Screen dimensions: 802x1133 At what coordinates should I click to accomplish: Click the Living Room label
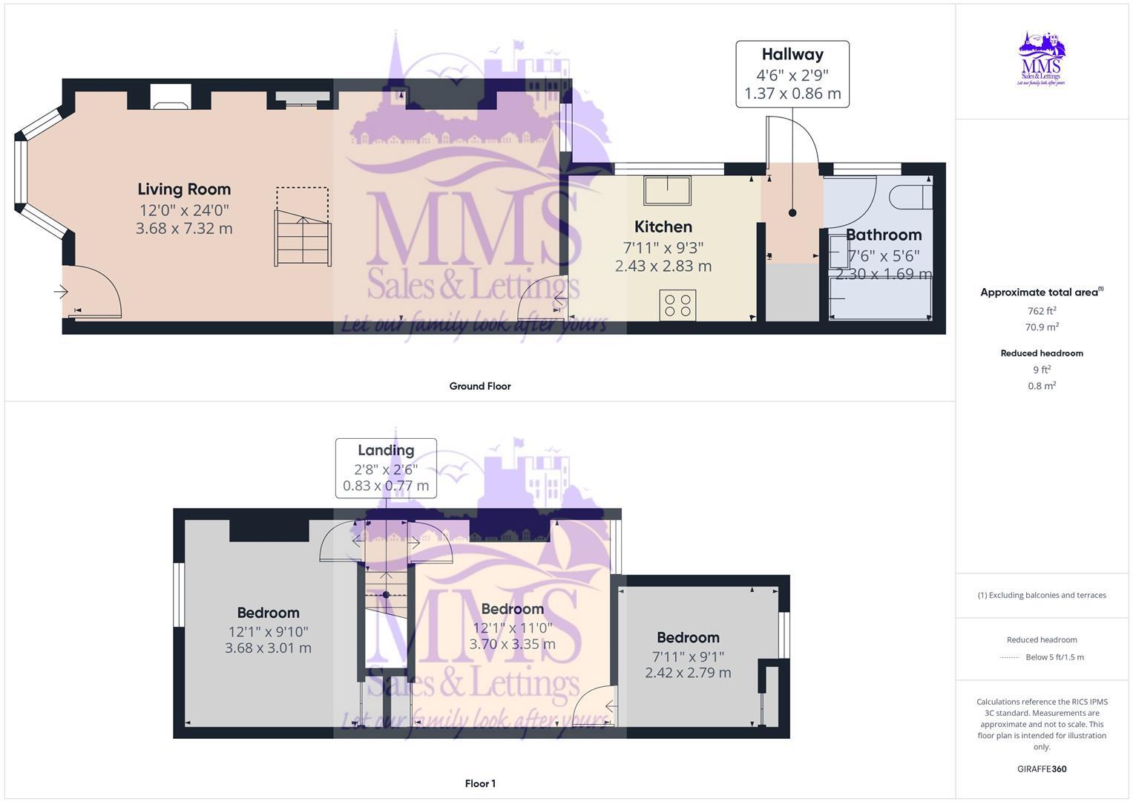(184, 189)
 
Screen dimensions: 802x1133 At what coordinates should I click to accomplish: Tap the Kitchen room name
(663, 226)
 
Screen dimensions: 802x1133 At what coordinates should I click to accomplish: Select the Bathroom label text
(883, 235)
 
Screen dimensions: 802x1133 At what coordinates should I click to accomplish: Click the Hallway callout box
(792, 74)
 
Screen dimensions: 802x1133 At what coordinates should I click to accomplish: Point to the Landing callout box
(386, 468)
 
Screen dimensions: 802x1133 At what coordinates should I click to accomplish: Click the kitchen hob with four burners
(677, 305)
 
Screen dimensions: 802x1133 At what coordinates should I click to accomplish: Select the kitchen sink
(666, 190)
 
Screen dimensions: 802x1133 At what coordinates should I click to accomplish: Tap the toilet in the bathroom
(910, 197)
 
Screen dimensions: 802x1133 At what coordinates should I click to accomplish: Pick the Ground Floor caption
(480, 386)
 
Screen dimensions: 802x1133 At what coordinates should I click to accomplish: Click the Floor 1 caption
(480, 783)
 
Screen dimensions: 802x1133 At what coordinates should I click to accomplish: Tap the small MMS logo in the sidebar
(1042, 59)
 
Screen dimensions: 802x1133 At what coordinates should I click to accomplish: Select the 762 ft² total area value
(1042, 311)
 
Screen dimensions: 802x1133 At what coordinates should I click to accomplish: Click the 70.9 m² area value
(1042, 327)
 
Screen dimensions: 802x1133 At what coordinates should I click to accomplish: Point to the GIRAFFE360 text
(1042, 769)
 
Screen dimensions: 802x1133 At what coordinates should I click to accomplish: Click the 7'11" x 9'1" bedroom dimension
(688, 656)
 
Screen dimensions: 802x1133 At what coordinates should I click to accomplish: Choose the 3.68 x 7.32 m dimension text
(184, 229)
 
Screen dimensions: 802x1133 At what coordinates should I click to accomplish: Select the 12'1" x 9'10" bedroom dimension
(268, 631)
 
